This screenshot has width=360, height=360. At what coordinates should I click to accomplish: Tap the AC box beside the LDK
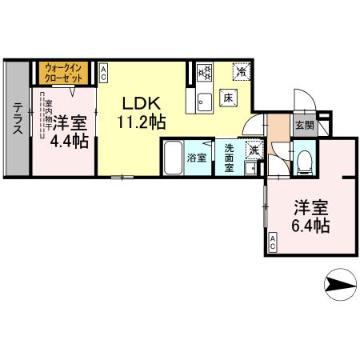click(x=104, y=74)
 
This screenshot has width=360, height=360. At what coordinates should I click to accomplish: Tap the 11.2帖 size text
click(x=142, y=124)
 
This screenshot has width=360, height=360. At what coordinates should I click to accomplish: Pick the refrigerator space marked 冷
click(x=241, y=72)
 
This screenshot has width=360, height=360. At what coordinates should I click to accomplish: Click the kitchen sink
click(x=202, y=101)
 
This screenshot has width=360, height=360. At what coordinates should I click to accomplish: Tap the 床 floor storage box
click(x=227, y=98)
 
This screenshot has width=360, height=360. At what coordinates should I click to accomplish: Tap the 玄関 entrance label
click(x=304, y=126)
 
